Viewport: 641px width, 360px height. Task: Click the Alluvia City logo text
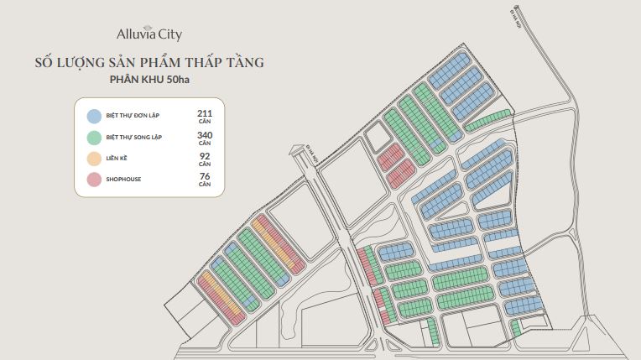pyautogui.click(x=149, y=34)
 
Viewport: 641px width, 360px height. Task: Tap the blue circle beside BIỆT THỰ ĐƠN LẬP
pyautogui.click(x=94, y=117)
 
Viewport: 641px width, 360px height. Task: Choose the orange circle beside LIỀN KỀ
pyautogui.click(x=94, y=158)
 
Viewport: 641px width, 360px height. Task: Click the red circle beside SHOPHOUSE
pyautogui.click(x=94, y=179)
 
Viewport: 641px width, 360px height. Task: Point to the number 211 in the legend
pyautogui.click(x=204, y=112)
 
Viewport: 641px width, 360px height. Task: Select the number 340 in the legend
pyautogui.click(x=204, y=134)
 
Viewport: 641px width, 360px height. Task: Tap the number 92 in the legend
pyautogui.click(x=204, y=155)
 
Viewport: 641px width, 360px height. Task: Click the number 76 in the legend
pyautogui.click(x=204, y=176)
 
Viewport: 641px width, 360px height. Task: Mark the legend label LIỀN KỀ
pyautogui.click(x=117, y=158)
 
